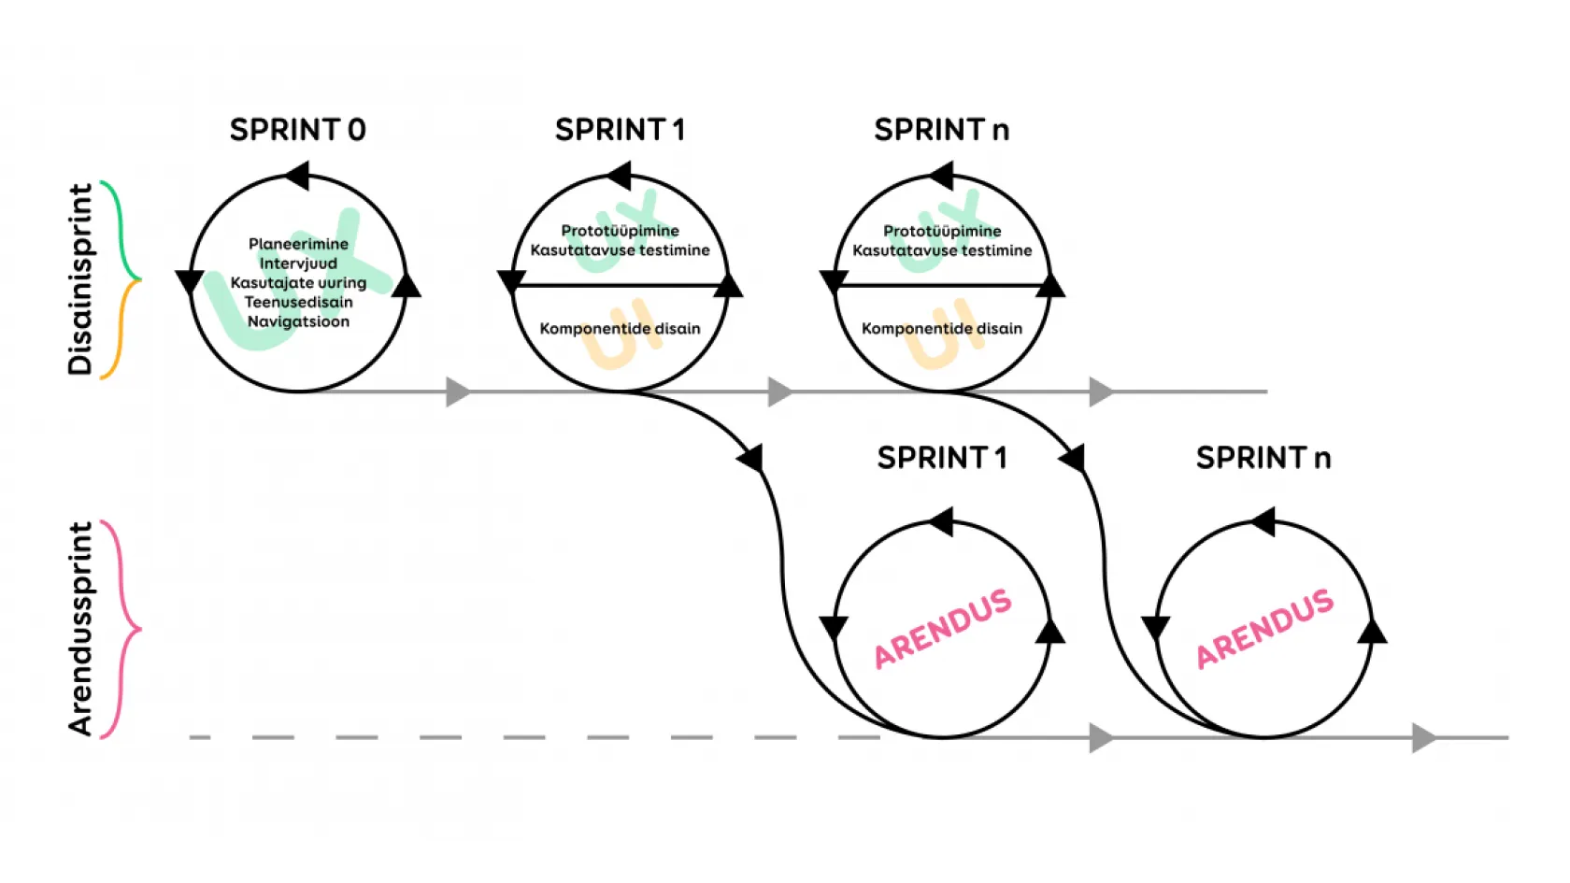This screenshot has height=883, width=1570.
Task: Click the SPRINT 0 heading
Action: (x=297, y=130)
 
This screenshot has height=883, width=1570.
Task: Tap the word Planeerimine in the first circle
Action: (x=298, y=244)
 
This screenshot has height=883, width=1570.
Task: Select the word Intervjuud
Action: (x=298, y=263)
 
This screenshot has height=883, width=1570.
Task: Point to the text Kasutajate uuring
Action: (x=298, y=282)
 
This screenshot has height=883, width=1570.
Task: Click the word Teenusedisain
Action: (x=298, y=302)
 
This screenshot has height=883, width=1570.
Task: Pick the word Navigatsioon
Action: (x=298, y=321)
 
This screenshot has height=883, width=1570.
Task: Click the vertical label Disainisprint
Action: (x=81, y=279)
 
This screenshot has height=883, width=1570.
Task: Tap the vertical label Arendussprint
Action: (x=81, y=628)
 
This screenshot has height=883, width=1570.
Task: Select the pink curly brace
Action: (x=121, y=629)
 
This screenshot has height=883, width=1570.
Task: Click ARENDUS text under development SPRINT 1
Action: (x=942, y=628)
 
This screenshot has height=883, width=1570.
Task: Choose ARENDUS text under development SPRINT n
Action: (x=1264, y=628)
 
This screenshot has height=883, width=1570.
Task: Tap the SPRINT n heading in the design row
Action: (x=941, y=130)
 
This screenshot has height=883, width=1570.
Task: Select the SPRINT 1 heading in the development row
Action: (x=941, y=458)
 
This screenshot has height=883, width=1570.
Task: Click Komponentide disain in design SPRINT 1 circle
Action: (x=620, y=328)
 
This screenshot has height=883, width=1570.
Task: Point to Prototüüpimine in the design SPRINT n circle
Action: (x=942, y=231)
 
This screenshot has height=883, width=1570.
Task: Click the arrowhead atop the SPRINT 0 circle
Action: (x=296, y=175)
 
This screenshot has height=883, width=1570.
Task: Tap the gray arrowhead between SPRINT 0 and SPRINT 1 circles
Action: (x=457, y=392)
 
